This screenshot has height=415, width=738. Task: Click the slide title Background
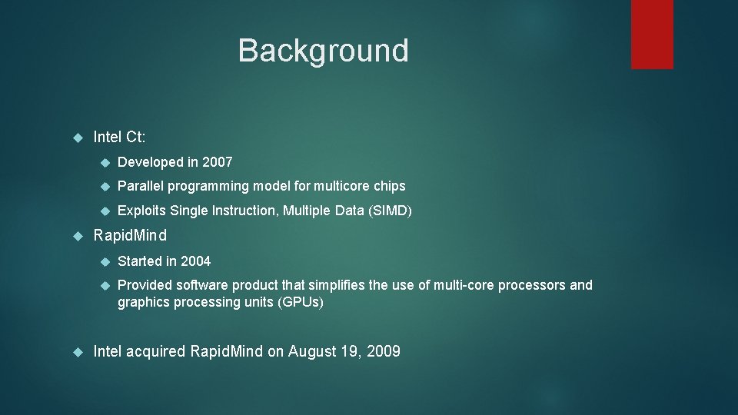click(x=323, y=51)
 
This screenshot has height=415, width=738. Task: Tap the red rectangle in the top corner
click(x=652, y=34)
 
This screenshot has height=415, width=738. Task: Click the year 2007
click(x=217, y=162)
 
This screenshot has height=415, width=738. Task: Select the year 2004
click(x=195, y=261)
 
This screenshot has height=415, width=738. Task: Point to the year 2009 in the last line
click(x=384, y=352)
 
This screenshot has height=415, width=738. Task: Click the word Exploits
click(x=141, y=211)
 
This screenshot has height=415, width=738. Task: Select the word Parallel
click(x=141, y=186)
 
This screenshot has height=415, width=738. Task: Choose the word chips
click(x=389, y=186)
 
